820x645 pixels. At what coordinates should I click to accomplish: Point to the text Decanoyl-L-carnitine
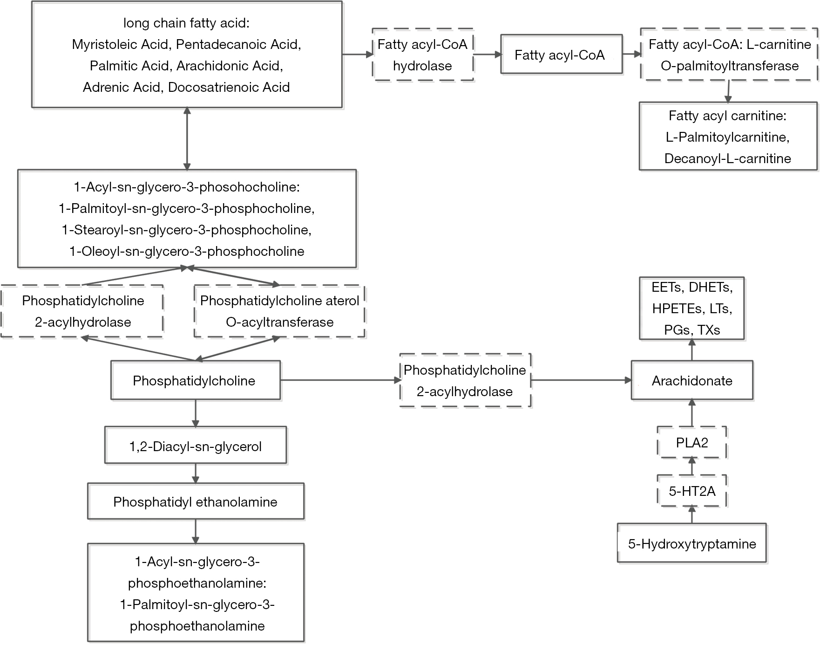[728, 158]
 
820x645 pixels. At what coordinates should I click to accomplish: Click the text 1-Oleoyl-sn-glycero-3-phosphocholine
[187, 251]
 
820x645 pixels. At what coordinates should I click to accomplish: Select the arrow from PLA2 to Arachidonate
[692, 412]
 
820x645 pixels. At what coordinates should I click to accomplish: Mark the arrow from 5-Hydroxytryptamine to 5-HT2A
[692, 515]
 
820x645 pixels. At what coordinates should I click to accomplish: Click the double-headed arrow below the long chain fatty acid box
[187, 138]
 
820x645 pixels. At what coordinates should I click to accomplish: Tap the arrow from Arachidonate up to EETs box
[692, 350]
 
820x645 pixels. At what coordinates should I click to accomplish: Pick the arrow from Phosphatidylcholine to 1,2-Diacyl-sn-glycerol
[196, 413]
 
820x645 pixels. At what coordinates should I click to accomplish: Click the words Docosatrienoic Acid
[229, 87]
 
